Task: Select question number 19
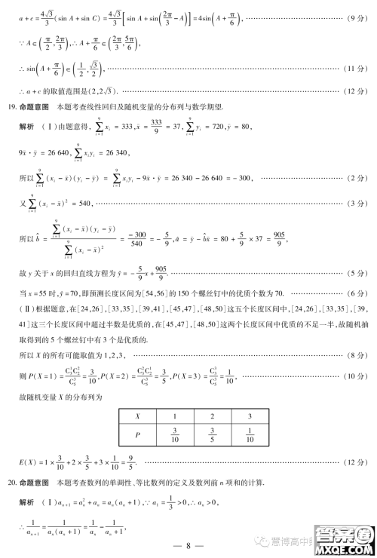tap(11, 106)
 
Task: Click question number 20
tap(11, 480)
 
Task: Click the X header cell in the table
tap(137, 416)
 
